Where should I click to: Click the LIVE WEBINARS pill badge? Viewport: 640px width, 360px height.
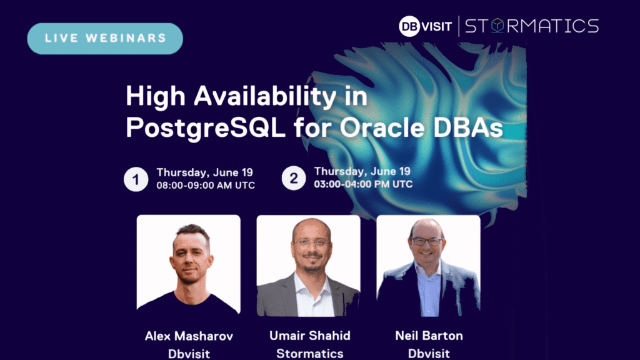pyautogui.click(x=105, y=38)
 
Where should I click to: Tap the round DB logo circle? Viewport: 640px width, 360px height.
pyautogui.click(x=409, y=26)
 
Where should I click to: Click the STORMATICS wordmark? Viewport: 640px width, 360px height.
pyautogui.click(x=532, y=26)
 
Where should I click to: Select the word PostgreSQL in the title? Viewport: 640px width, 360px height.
pyautogui.click(x=206, y=127)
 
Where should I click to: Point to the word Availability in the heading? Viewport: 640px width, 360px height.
pyautogui.click(x=265, y=97)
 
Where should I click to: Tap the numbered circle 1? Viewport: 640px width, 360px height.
pyautogui.click(x=136, y=179)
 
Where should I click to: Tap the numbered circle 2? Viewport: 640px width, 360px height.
pyautogui.click(x=294, y=178)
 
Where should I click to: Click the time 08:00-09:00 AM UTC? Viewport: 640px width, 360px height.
pyautogui.click(x=206, y=185)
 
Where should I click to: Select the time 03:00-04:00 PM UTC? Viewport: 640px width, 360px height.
pyautogui.click(x=363, y=184)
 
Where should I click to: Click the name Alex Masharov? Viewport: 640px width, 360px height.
pyautogui.click(x=189, y=336)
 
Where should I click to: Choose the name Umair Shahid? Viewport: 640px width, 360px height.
pyautogui.click(x=310, y=336)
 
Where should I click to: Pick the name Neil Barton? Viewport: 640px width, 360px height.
pyautogui.click(x=429, y=336)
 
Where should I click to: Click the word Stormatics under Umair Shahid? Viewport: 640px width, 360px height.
pyautogui.click(x=310, y=354)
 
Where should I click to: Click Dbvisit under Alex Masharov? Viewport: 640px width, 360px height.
pyautogui.click(x=189, y=354)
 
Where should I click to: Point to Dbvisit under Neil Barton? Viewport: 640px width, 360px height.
pyautogui.click(x=429, y=354)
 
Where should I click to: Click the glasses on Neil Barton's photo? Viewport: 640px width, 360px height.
pyautogui.click(x=426, y=241)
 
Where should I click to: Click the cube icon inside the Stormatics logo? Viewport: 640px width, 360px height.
pyautogui.click(x=497, y=26)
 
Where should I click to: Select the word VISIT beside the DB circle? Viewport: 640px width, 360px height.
pyautogui.click(x=437, y=26)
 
